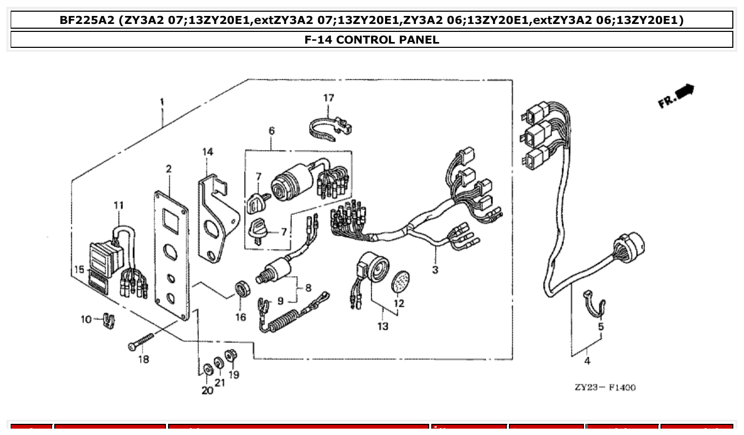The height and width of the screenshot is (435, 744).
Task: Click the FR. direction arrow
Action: click(x=677, y=96)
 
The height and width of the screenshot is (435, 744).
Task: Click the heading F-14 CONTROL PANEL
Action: click(x=372, y=39)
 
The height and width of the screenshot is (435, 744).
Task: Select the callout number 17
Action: click(x=329, y=98)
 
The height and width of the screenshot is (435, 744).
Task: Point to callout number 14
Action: click(x=207, y=152)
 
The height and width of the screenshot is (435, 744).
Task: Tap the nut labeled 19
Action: click(x=231, y=355)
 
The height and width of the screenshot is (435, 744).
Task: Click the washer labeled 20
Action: click(x=206, y=369)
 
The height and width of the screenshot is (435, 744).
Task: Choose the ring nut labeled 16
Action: click(x=242, y=290)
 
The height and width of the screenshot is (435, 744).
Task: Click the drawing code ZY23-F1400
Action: click(x=605, y=387)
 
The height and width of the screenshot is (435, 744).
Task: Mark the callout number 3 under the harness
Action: click(x=435, y=270)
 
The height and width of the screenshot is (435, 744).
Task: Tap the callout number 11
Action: click(x=118, y=205)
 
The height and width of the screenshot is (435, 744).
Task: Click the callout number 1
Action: click(x=162, y=101)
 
